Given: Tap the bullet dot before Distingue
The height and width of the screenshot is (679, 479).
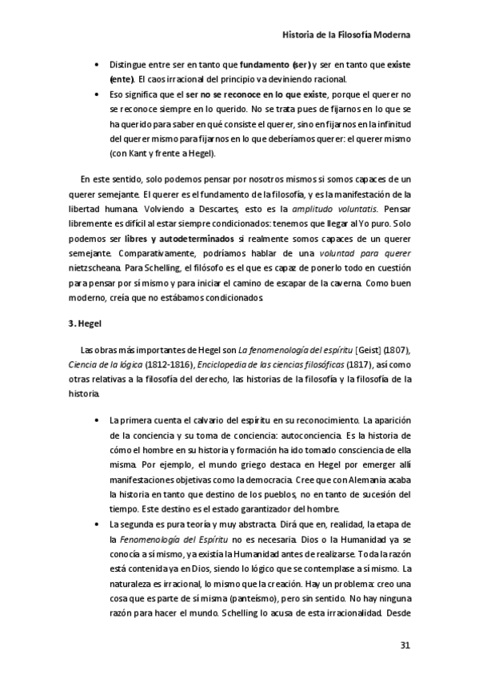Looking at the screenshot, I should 98,63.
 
